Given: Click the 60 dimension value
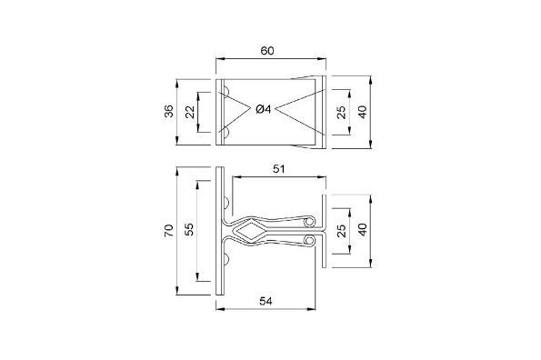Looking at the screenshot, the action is point(267,51).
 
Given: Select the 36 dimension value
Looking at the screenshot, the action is point(169,112).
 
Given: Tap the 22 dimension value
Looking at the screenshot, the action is point(190,112).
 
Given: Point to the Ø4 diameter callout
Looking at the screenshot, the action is point(264,109).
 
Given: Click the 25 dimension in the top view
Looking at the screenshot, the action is point(341,112).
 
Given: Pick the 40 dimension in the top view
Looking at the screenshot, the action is point(362,112).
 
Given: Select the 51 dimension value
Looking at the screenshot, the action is point(279,169).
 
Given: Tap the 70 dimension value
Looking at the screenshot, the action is point(169,231).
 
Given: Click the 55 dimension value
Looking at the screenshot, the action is point(189,229).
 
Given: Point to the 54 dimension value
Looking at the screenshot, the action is point(265,301).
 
